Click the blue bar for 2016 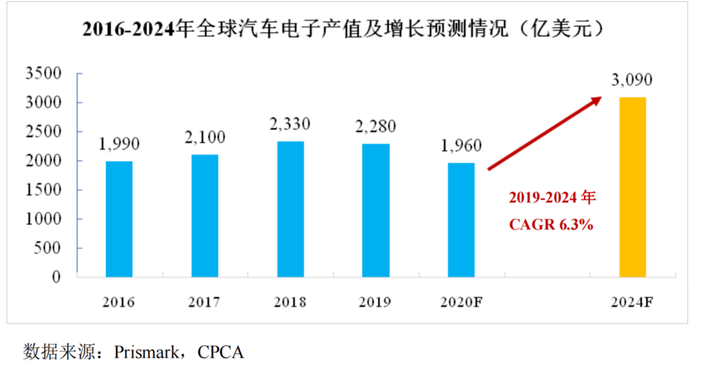pos(119,219)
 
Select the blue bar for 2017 pos(205,216)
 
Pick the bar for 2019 pos(376,211)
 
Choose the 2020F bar pos(461,220)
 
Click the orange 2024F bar pos(632,187)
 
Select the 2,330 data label pos(290,124)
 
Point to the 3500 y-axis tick pos(44,73)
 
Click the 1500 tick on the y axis pos(44,190)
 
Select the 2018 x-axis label pos(290,303)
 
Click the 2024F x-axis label pos(632,303)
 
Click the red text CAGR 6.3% pos(552,225)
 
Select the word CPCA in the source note pos(220,352)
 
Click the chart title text pos(346,29)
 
